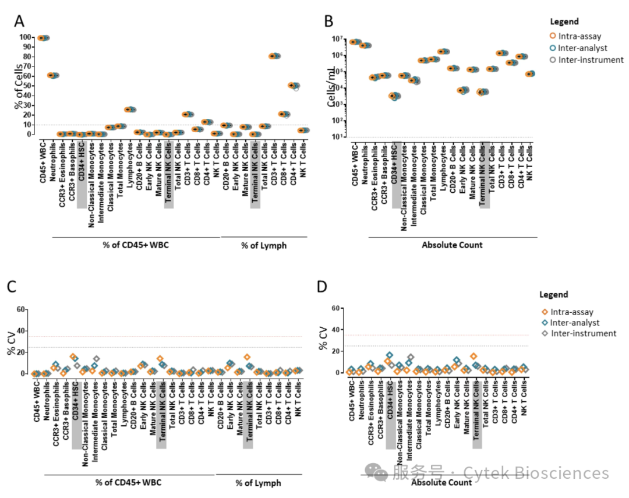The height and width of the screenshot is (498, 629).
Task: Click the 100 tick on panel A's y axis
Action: pos(26,37)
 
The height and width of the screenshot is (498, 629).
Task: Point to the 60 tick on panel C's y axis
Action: pos(22,309)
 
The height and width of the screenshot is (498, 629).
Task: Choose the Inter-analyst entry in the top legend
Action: pos(582,48)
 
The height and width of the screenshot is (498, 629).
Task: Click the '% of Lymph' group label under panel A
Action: pos(264,245)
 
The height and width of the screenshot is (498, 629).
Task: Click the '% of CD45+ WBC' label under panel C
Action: pos(129,482)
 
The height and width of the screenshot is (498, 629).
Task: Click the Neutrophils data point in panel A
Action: pos(53,75)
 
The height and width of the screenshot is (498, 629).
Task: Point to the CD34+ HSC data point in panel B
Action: pos(395,96)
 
